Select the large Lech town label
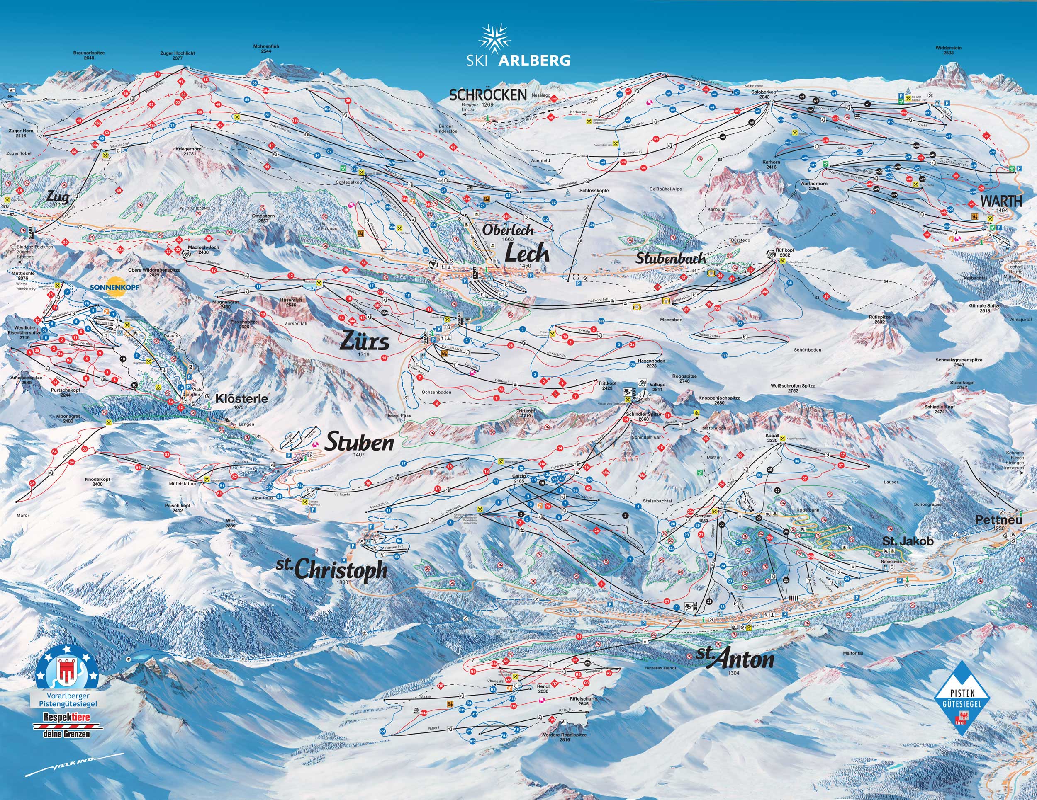526,253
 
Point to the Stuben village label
360,443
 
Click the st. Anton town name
735,659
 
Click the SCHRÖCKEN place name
488,95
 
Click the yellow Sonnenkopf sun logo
109,287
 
